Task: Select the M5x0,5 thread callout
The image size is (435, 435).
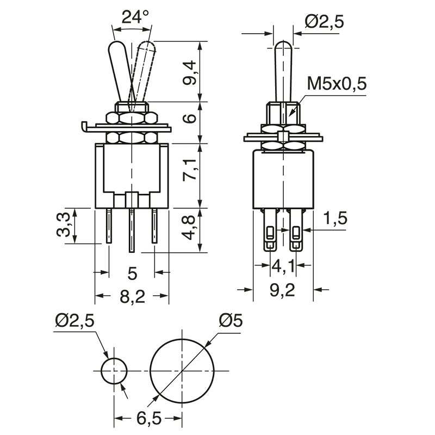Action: [337, 84]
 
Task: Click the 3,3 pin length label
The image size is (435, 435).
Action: [64, 225]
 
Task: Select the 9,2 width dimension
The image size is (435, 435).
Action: [282, 291]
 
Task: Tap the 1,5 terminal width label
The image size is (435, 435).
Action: [335, 219]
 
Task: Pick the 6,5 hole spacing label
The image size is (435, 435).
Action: [147, 419]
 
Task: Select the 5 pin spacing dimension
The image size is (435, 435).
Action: [132, 271]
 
